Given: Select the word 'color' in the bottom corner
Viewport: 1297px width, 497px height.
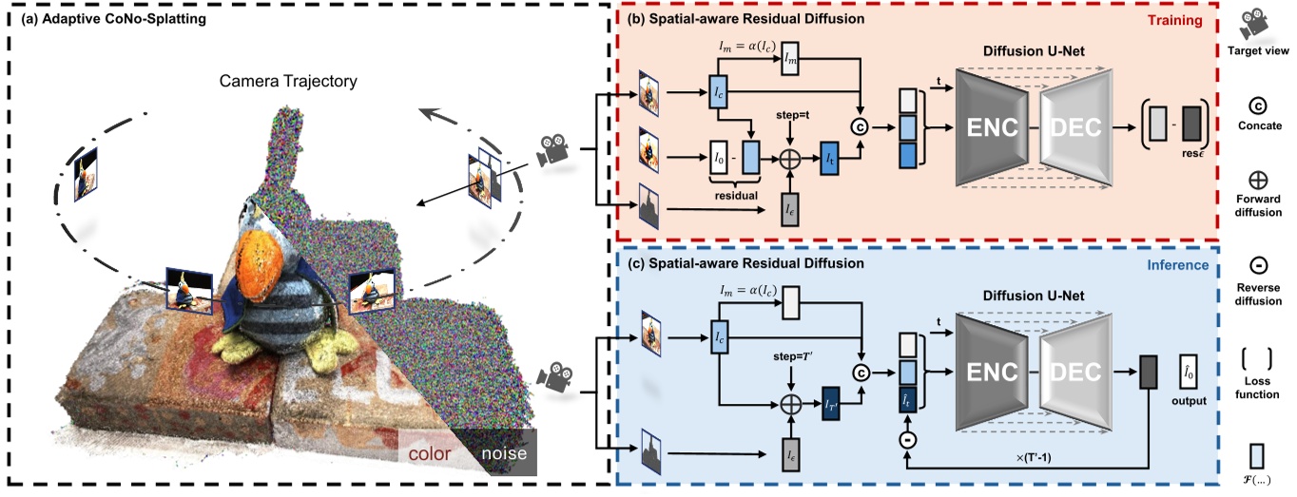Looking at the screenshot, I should pyautogui.click(x=429, y=453).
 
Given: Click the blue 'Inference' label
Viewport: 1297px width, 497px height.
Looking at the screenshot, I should pyautogui.click(x=1175, y=265).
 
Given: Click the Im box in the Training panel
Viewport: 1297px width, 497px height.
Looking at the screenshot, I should pyautogui.click(x=790, y=64).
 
